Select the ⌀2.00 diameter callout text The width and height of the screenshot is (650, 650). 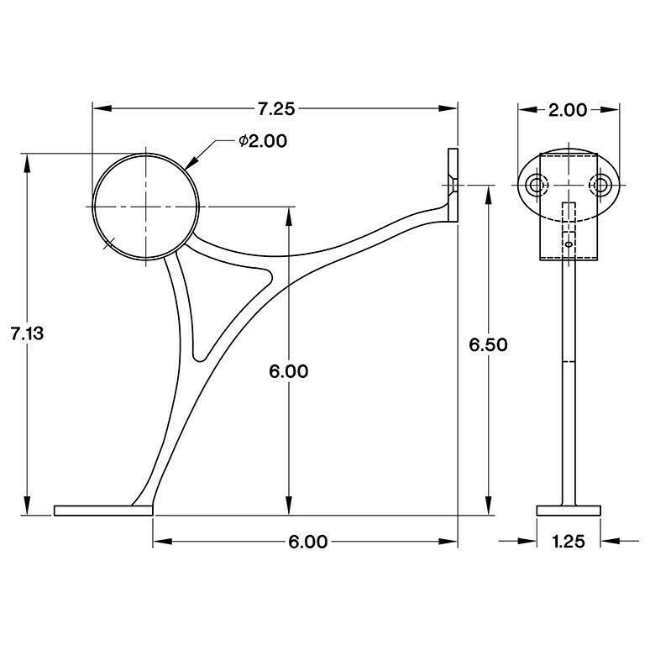tap(262, 141)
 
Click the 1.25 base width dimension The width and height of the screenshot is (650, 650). tap(569, 542)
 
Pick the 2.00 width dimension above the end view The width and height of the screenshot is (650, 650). tap(569, 108)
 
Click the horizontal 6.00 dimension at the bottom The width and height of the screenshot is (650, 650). tap(307, 542)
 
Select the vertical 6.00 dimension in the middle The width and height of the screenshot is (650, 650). tap(290, 371)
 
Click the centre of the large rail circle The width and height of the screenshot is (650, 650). tap(145, 207)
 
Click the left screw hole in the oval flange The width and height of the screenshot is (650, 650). tap(535, 184)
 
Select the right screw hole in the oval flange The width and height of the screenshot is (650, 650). tap(601, 184)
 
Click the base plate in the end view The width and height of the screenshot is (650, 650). tap(569, 510)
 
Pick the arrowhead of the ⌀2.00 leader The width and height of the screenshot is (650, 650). tap(189, 165)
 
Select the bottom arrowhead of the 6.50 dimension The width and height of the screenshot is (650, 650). tap(487, 505)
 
